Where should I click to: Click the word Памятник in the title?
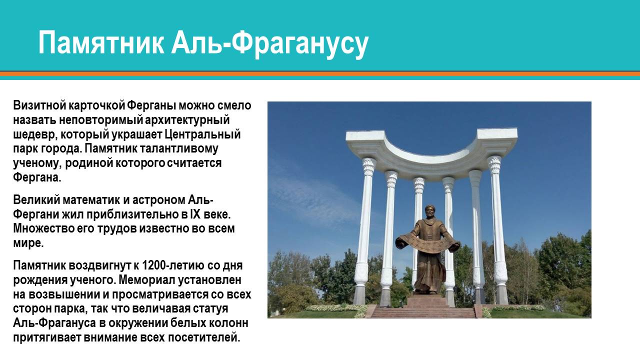tap(101, 43)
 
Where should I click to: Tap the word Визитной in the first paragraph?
tap(39, 105)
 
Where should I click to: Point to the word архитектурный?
tap(187, 120)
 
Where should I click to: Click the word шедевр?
tap(34, 134)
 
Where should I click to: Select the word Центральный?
tap(202, 134)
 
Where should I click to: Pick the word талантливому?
tap(179, 148)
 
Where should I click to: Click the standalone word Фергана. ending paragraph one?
tap(37, 177)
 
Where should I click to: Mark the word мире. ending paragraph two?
tap(28, 243)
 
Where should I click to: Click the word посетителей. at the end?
tap(203, 337)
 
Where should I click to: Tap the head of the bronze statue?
tap(430, 212)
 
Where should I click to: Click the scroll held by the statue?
tap(427, 243)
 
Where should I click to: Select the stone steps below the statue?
tap(422, 311)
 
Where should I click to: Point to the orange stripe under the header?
tap(320, 73)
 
